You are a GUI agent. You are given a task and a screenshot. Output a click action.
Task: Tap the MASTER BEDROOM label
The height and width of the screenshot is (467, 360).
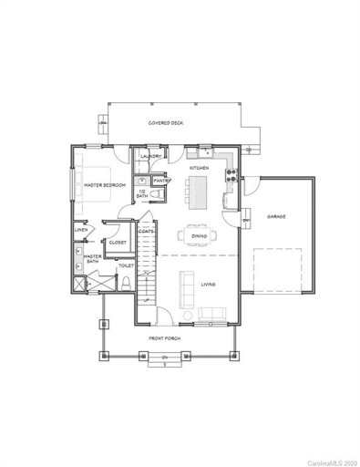click(104, 185)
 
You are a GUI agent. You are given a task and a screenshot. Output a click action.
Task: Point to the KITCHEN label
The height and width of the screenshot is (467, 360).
click(201, 169)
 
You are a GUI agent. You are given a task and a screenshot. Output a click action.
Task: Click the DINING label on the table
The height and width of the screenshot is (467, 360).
click(199, 235)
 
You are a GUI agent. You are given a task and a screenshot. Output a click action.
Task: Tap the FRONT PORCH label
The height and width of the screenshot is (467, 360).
click(165, 338)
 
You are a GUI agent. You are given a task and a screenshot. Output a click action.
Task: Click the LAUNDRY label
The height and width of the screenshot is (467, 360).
click(151, 156)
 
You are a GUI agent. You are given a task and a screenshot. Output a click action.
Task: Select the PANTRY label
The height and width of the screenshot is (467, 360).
click(160, 181)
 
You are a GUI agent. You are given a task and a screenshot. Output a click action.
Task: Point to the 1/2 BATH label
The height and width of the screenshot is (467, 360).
click(142, 193)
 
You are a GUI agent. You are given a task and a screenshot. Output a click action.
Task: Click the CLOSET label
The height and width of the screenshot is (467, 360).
click(117, 243)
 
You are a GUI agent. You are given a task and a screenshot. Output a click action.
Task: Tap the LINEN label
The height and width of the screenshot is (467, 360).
click(81, 231)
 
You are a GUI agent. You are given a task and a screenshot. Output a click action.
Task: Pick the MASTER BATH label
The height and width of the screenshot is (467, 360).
click(92, 260)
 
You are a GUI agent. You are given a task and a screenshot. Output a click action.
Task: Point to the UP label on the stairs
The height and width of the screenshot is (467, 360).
click(146, 299)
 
